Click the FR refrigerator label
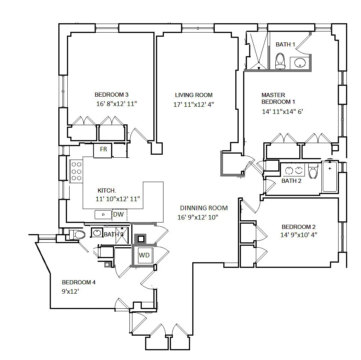tap(103, 149)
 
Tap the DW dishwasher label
tap(118, 214)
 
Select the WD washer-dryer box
tap(144, 255)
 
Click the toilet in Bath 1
tap(280, 61)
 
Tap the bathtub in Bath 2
tap(330, 177)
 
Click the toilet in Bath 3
tap(77, 235)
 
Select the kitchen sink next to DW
tap(103, 215)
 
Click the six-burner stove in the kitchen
tap(76, 171)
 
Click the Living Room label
tap(194, 95)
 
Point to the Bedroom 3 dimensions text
tap(116, 104)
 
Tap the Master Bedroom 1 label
tap(278, 98)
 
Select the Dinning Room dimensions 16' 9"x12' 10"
tap(198, 217)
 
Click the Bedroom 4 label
tap(79, 282)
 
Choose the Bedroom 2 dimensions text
tap(299, 235)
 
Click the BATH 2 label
tap(291, 181)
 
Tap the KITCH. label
tap(107, 191)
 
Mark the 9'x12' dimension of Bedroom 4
tap(70, 291)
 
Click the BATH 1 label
tap(285, 45)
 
